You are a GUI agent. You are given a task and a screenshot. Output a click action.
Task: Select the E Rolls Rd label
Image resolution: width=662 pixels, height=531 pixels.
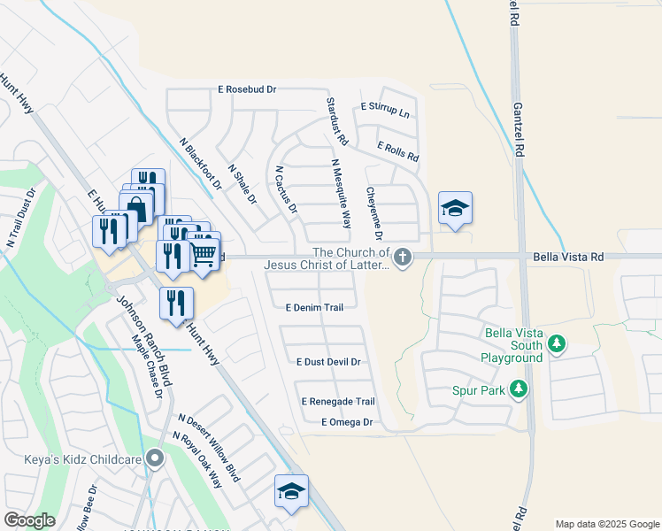point(397,151)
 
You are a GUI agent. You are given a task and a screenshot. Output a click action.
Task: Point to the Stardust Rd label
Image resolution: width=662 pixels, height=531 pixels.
point(337,123)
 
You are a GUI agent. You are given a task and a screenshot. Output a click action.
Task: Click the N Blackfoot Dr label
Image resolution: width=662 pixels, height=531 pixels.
point(200,164)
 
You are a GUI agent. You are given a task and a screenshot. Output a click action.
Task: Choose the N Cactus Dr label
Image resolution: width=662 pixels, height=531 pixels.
point(286,190)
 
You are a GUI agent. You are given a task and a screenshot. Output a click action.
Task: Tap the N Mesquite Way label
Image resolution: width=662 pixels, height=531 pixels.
point(341,193)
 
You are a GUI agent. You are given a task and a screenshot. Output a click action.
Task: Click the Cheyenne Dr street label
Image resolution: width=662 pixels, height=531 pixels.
point(373,213)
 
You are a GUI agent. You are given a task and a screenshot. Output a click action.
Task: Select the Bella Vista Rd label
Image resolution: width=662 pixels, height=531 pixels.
point(568,257)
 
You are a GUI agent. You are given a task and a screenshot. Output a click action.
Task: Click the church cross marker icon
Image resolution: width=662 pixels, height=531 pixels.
point(403,257)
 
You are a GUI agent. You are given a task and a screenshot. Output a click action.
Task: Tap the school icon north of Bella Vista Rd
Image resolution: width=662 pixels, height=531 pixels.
point(455,208)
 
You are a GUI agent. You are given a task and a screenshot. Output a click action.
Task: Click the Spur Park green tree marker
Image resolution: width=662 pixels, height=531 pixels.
point(519,389)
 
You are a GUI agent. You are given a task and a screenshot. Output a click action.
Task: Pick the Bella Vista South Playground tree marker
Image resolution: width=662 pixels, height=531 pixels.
point(557,343)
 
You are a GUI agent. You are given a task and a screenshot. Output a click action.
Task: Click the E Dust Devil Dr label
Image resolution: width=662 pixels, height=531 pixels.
point(328,362)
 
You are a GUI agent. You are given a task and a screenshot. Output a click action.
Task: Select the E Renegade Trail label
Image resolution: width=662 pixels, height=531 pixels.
point(337,401)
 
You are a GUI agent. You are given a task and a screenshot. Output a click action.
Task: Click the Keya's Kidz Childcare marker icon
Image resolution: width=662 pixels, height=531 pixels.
point(156,458)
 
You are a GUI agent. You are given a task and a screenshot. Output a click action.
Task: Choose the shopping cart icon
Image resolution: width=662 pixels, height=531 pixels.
point(204,255)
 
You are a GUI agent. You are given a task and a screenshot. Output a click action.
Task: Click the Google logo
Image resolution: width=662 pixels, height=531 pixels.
point(30,520)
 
